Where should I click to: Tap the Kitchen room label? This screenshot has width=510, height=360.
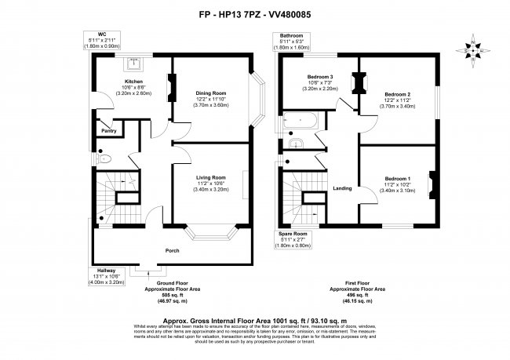click(132, 80)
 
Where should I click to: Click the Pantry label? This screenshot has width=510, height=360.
click(107, 133)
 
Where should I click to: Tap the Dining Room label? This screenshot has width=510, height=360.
click(209, 93)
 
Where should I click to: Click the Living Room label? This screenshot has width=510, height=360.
click(209, 177)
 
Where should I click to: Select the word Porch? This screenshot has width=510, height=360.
click(172, 251)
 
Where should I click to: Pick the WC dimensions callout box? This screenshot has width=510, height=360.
click(101, 41)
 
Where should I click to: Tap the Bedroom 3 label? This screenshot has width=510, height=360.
click(319, 76)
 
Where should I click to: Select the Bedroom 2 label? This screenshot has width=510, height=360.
click(397, 93)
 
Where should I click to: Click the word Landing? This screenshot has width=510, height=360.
click(341, 188)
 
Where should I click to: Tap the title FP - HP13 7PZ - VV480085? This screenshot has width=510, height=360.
click(254, 13)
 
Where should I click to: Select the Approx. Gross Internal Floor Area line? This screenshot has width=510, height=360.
click(254, 320)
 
